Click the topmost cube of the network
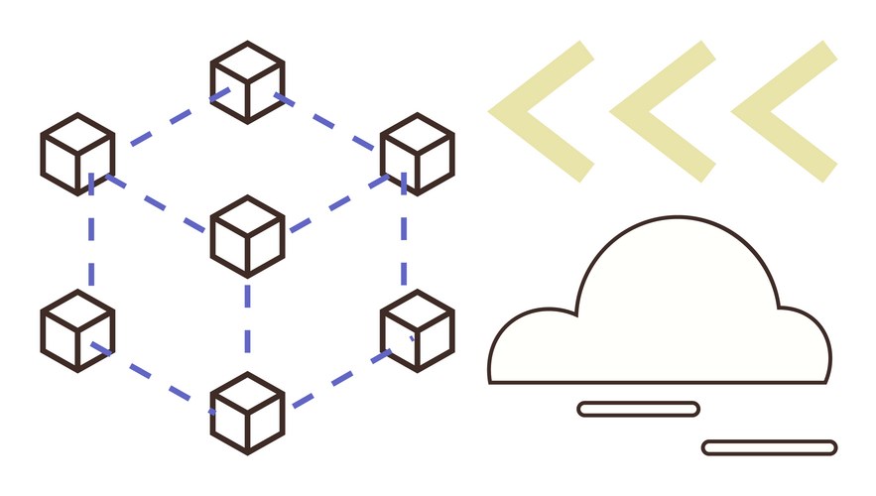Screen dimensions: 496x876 point(247,82)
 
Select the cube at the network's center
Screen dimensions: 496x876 point(247,236)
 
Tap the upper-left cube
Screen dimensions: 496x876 point(77,154)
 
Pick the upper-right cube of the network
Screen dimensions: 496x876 point(417,154)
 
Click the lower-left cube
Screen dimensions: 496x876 point(77,330)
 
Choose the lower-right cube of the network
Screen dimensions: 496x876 point(417,330)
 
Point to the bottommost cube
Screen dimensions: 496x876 point(247,412)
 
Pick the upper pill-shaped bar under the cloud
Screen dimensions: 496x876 point(638,409)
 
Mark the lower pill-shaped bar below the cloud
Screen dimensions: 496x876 point(769,447)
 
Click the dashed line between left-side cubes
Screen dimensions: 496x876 point(91,243)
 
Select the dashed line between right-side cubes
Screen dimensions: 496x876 point(404,243)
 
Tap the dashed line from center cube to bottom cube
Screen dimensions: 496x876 point(247,322)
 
